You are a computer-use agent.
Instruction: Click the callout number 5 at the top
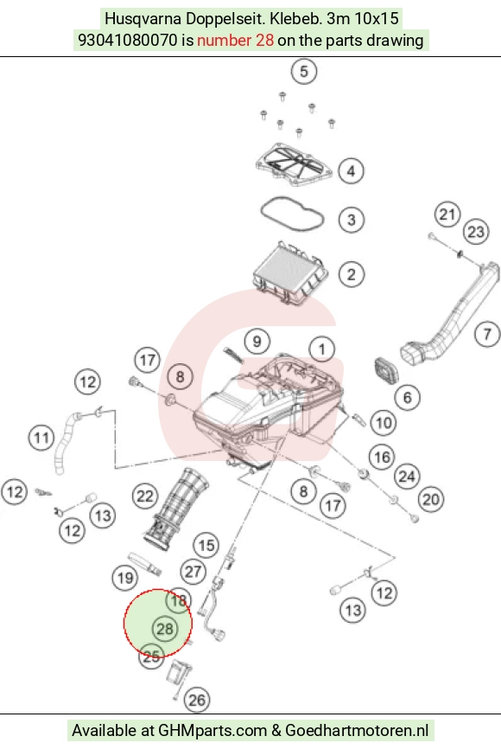coord(304,72)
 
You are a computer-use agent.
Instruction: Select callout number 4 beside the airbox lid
coord(352,170)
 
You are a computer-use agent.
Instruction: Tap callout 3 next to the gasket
coord(352,220)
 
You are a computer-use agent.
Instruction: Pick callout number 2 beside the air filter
coord(352,275)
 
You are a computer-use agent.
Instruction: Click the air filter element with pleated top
coord(289,273)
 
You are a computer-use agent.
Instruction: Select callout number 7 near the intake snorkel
coord(487,334)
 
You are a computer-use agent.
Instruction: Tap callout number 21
coord(447,214)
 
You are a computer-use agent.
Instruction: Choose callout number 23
coord(476,232)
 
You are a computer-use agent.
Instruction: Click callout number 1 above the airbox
coord(322,349)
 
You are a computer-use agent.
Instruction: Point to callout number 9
coord(257,341)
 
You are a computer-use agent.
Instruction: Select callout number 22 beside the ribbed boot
coord(145,496)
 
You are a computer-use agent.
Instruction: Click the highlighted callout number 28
coord(165,628)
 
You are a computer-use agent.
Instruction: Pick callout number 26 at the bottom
coord(197,701)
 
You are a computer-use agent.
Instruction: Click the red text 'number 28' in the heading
coord(235,40)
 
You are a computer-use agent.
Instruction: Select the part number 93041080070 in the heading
coord(127,40)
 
